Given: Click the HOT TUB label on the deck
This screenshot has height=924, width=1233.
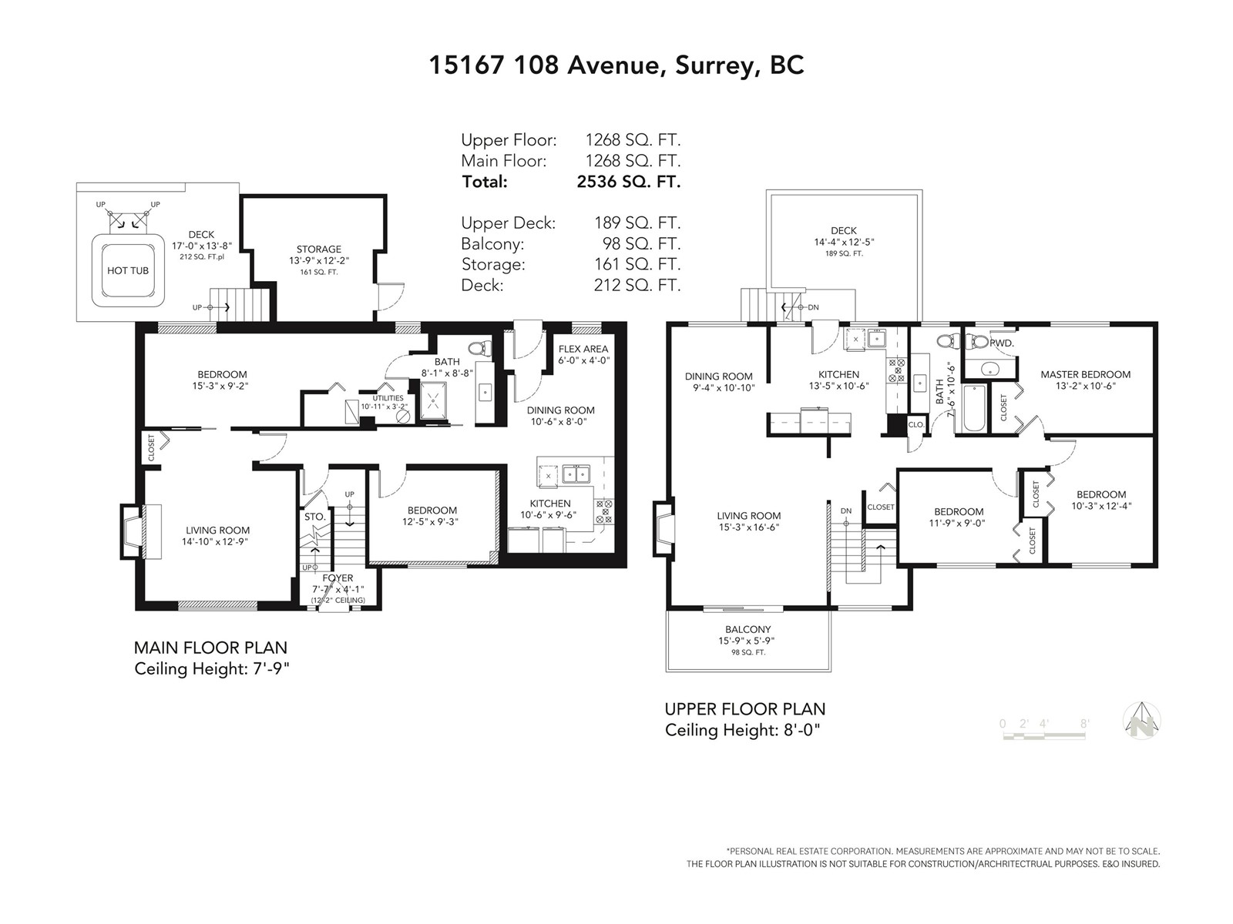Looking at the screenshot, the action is point(127,270).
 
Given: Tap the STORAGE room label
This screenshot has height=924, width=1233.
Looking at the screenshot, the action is point(318,249).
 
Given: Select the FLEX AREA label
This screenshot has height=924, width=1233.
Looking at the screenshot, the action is point(583,349).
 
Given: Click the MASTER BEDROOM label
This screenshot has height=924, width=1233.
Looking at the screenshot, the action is point(1085,374).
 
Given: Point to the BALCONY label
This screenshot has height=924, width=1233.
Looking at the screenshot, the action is point(748,629).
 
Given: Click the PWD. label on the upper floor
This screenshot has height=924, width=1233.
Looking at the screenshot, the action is point(1002,343).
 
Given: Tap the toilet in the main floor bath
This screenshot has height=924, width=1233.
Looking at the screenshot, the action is point(479,348).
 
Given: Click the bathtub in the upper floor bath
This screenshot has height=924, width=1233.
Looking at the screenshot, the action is point(974,408).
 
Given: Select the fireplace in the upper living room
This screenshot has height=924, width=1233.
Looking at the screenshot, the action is point(663,529).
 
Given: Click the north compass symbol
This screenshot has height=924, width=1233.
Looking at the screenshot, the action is point(1141,721).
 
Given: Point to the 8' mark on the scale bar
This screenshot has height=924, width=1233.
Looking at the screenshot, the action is point(1084,724).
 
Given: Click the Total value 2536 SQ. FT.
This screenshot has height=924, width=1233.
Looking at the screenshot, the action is point(628,182).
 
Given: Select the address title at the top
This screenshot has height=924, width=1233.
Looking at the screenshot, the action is point(616,65).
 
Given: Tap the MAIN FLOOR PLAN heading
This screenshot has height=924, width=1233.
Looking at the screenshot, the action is point(210,648).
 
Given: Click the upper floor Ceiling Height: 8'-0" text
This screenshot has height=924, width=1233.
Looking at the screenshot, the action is point(743,731).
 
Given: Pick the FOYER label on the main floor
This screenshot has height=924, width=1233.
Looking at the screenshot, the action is point(338,577).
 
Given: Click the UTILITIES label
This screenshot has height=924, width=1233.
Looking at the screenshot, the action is point(388,398).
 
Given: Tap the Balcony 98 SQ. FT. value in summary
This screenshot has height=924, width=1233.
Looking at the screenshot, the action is point(641,243).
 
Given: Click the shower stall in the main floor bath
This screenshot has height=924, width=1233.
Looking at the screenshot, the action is point(434,400).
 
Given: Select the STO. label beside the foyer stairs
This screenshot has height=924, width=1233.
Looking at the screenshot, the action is point(315,517).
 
